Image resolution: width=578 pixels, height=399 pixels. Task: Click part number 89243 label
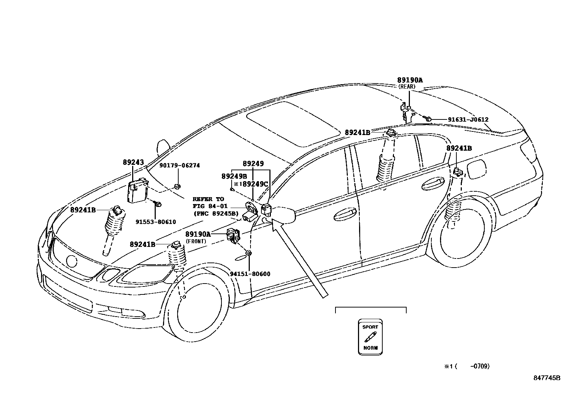coord(133,162)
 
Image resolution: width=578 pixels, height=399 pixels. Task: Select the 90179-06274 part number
coord(180,166)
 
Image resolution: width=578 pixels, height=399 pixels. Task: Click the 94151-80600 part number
coord(250,274)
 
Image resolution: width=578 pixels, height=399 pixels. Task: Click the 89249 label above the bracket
coord(253,164)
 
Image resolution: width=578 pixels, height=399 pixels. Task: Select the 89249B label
coord(234,176)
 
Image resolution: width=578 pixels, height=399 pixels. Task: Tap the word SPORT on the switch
coord(370,327)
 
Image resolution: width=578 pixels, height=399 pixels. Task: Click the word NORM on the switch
coord(370,348)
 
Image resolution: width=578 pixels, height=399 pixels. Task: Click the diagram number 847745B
coord(547,378)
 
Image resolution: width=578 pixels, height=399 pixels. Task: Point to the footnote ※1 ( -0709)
coord(467,367)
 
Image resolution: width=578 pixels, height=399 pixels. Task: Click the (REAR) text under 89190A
coord(406,87)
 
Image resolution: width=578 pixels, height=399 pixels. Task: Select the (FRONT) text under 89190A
coord(196,241)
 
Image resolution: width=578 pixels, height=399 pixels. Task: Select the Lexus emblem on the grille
coord(72,261)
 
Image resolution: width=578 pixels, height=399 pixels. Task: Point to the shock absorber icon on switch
coord(370,337)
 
